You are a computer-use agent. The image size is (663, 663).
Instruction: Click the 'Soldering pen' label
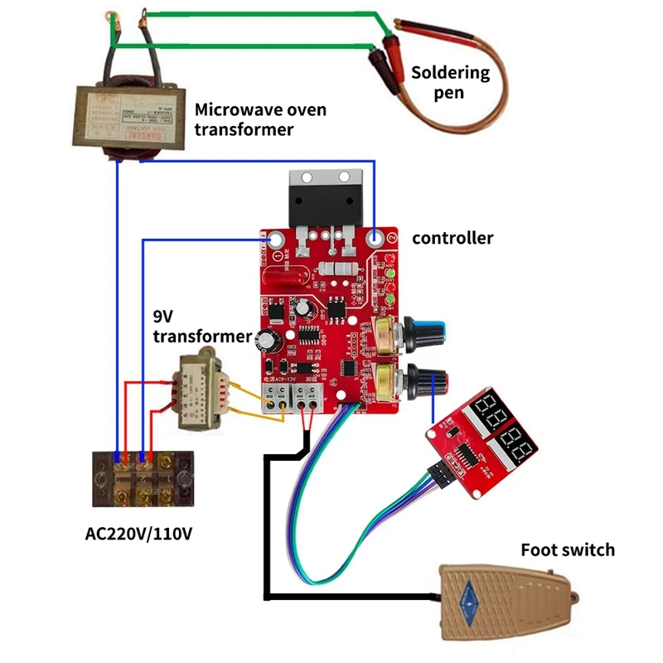(x=450, y=82)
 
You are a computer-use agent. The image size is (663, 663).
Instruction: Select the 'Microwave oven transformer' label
(x=259, y=119)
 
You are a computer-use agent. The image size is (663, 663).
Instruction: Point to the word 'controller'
(x=452, y=239)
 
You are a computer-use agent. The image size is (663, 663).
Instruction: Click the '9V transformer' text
(x=201, y=327)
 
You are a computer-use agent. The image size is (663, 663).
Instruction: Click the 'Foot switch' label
(x=568, y=549)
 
